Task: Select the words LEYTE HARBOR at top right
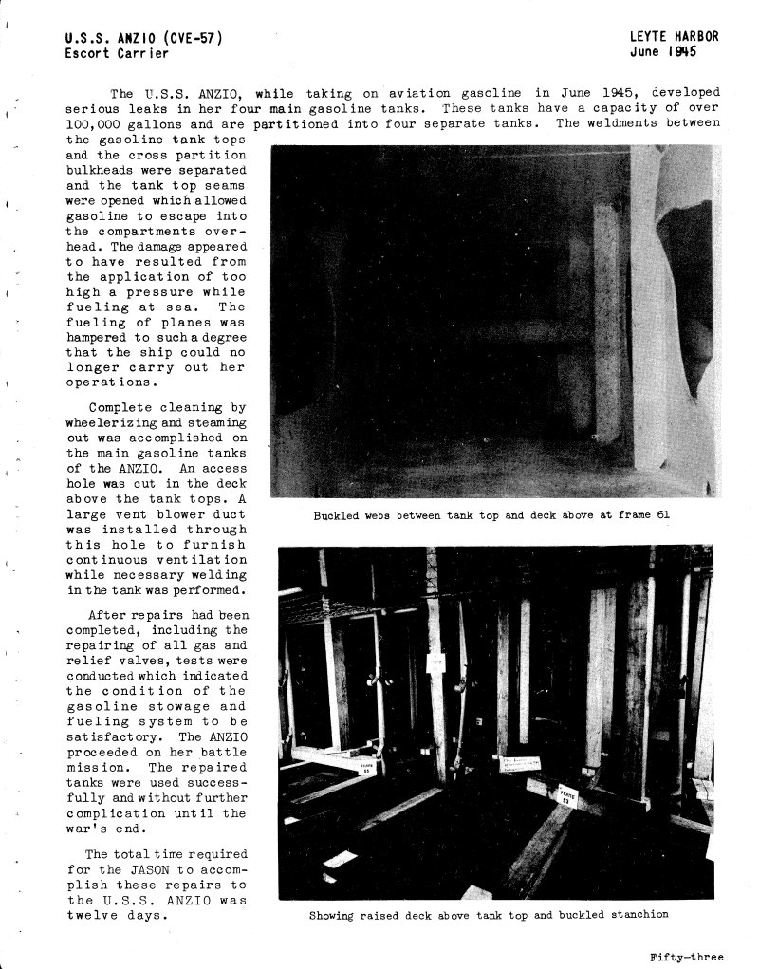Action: (x=674, y=37)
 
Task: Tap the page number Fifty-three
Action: (x=686, y=956)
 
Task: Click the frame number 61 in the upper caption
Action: (x=663, y=515)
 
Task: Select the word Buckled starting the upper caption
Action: (x=333, y=515)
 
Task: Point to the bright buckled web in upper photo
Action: (x=655, y=313)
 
